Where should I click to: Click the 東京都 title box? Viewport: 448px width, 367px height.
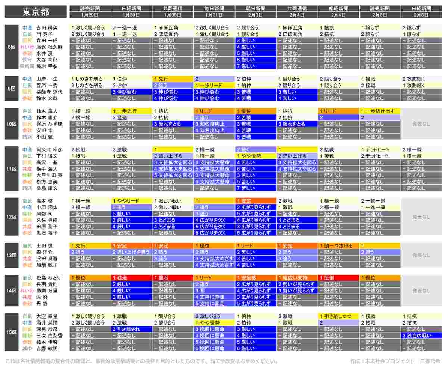coord(35,12)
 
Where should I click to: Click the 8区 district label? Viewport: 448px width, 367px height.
coord(12,47)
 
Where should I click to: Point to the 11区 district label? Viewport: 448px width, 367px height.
coord(12,169)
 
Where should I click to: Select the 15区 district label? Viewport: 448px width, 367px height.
coord(12,332)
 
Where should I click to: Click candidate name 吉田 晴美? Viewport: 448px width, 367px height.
coord(47,28)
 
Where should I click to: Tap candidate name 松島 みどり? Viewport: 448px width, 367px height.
coord(48,278)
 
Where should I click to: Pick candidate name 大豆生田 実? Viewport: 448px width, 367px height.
coord(49,175)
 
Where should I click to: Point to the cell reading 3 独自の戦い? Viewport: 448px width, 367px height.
coord(421,335)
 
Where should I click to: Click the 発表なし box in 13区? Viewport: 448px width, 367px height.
coord(421,256)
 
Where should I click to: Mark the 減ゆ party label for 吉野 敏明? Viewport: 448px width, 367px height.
coord(27,348)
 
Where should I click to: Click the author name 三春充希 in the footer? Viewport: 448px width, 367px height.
coord(430,361)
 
